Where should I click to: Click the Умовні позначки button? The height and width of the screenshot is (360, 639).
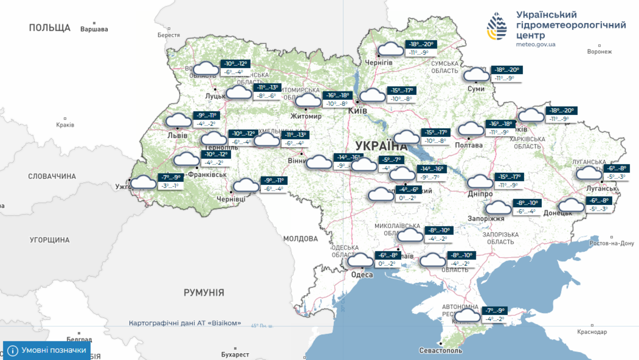click(47, 350)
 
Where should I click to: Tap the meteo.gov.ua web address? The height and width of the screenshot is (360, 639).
click(535, 44)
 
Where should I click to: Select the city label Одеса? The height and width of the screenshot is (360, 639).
click(362, 274)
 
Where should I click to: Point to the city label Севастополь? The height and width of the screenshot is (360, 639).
click(440, 351)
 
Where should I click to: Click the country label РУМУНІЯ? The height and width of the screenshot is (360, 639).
click(203, 293)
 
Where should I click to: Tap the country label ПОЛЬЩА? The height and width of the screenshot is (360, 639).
click(50, 28)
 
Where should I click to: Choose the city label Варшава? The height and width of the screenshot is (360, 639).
click(94, 29)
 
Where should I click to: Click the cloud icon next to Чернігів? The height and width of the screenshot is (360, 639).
click(391, 49)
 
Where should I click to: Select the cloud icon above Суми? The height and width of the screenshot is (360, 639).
click(476, 75)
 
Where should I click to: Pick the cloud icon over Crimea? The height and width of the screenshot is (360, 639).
click(467, 315)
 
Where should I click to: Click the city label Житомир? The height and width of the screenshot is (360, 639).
click(306, 116)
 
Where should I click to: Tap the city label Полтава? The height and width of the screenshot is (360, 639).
click(468, 145)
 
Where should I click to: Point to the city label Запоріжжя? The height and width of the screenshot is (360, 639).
click(486, 218)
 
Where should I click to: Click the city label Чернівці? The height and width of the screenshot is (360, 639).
click(231, 199)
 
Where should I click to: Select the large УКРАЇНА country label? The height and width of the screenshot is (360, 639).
click(381, 146)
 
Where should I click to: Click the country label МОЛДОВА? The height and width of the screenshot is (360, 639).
click(300, 239)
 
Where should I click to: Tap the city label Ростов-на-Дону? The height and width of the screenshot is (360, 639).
click(611, 243)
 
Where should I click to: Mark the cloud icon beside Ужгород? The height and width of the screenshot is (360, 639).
click(143, 182)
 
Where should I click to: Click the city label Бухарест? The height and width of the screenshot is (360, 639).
click(235, 354)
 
